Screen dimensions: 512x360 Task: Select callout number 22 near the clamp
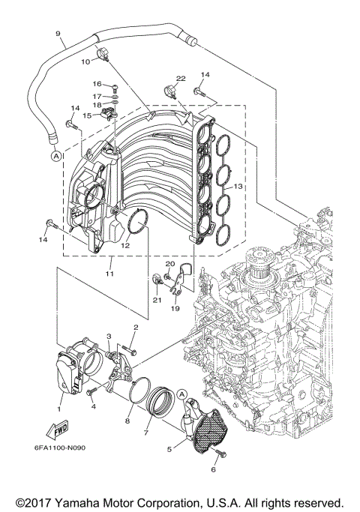[x=181, y=79]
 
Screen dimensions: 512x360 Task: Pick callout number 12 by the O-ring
[x=126, y=244]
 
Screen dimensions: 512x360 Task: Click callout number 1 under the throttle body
[x=60, y=409]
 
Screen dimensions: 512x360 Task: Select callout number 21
[x=157, y=300]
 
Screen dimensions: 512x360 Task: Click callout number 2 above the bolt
[x=135, y=328]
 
